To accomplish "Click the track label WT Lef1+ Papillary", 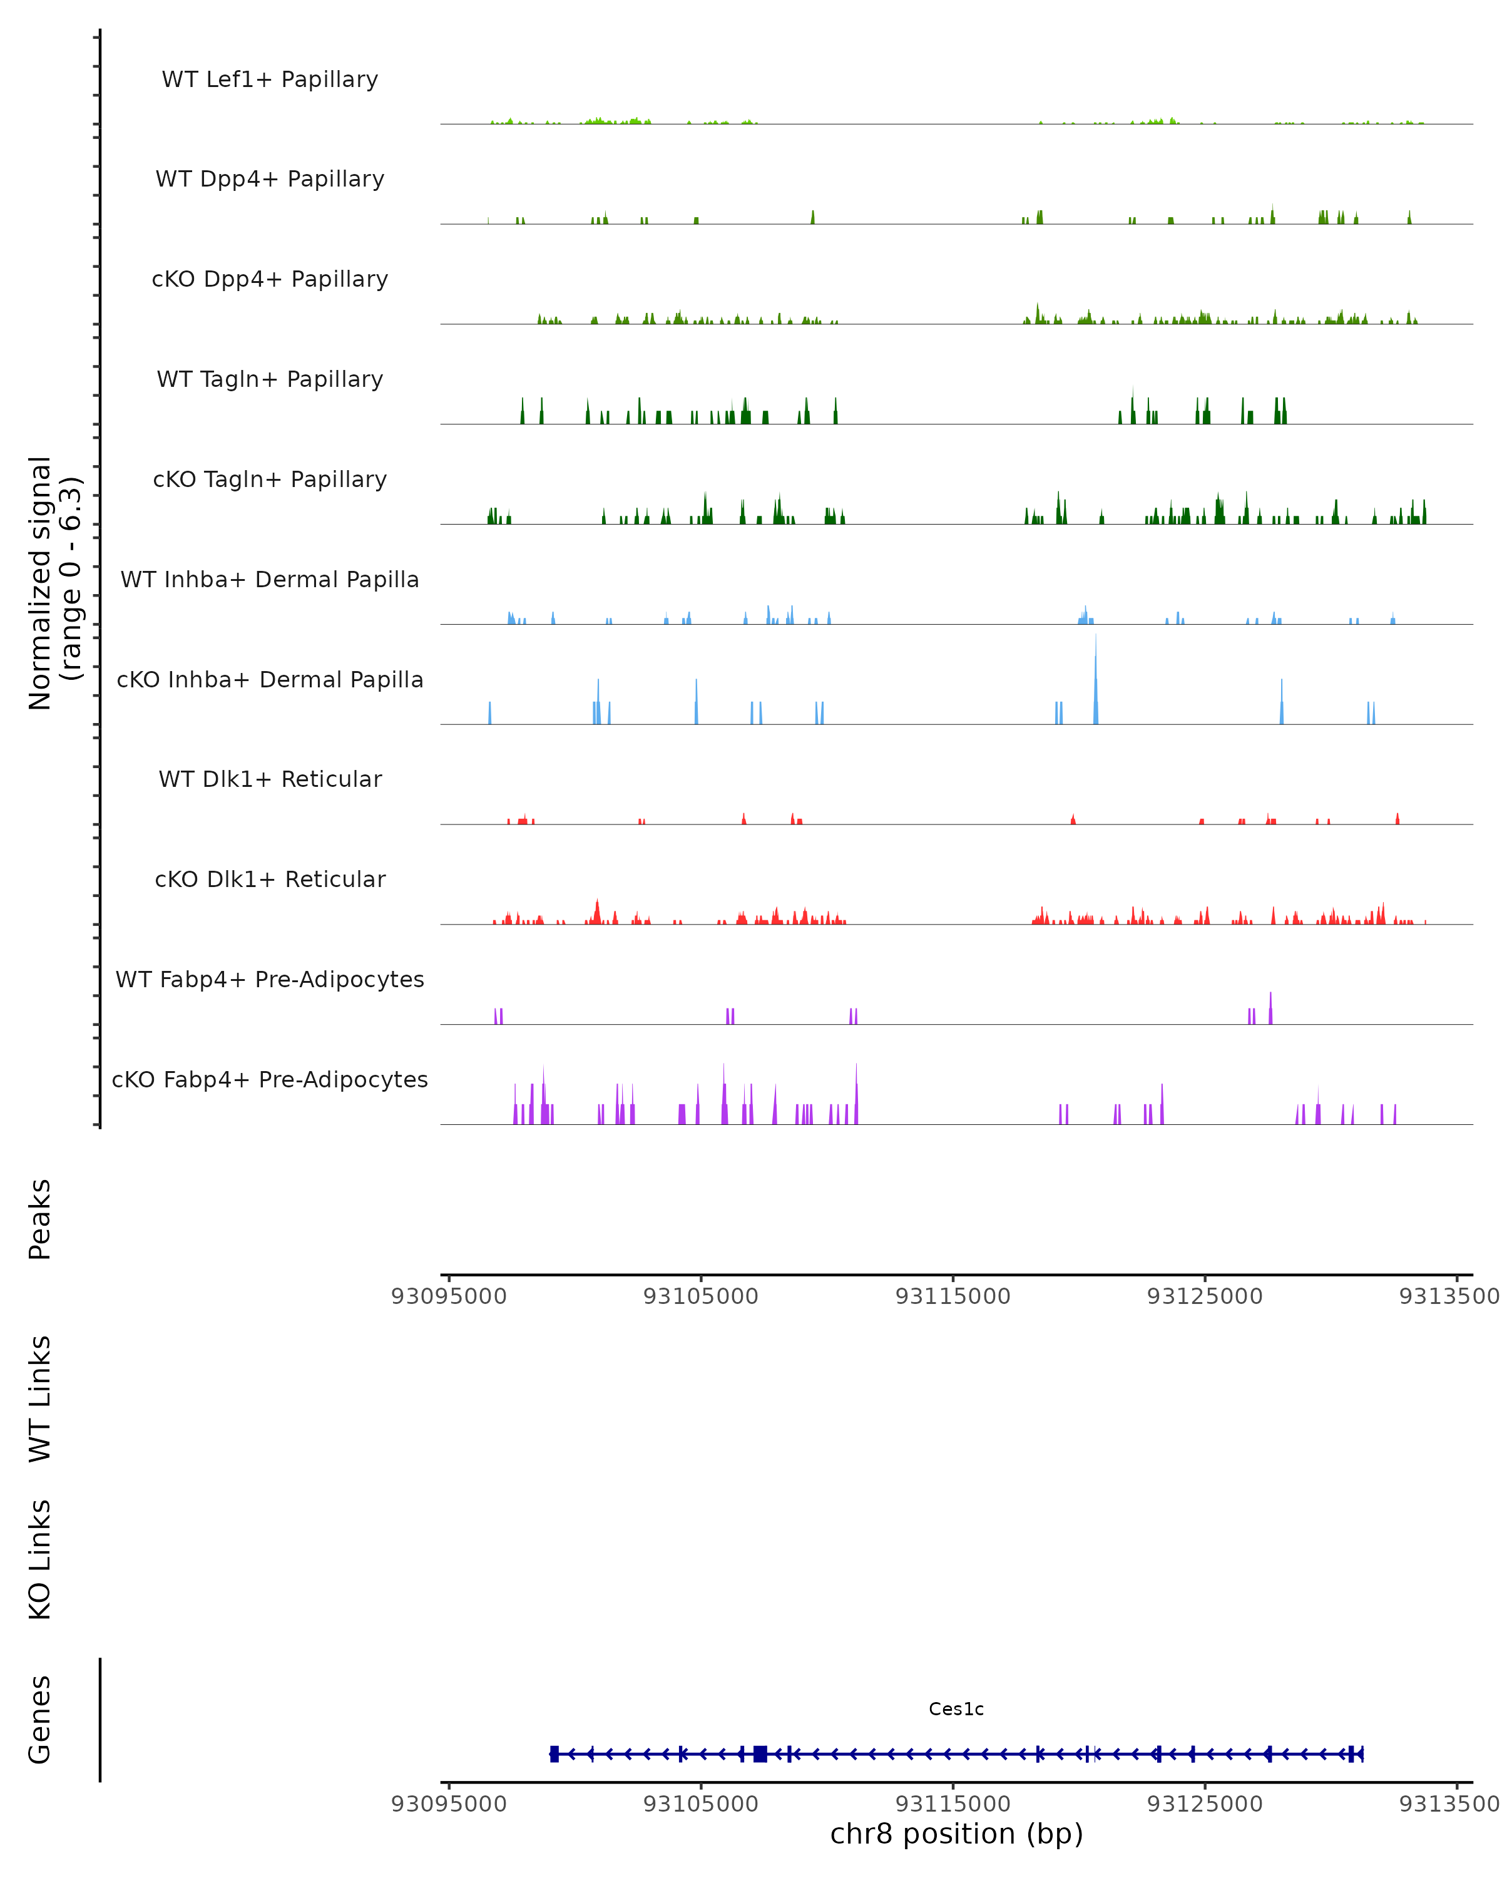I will pyautogui.click(x=270, y=80).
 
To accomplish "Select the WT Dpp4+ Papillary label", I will pyautogui.click(x=270, y=180).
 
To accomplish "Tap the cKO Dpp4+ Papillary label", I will pyautogui.click(x=270, y=280).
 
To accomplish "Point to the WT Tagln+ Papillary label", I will pyautogui.click(x=270, y=380).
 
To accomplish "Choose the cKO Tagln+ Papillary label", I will pyautogui.click(x=270, y=480).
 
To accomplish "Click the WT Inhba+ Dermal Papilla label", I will pyautogui.click(x=270, y=580).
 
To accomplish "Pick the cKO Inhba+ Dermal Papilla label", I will pyautogui.click(x=270, y=680).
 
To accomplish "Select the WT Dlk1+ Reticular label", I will pyautogui.click(x=270, y=779).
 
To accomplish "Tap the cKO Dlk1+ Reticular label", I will pyautogui.click(x=270, y=880).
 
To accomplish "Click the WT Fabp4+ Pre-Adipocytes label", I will pyautogui.click(x=270, y=980).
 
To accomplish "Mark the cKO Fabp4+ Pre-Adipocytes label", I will pyautogui.click(x=270, y=1080).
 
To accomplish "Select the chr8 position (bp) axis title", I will pyautogui.click(x=956, y=1834).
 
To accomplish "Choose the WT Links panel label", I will pyautogui.click(x=40, y=1398).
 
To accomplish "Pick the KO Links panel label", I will pyautogui.click(x=40, y=1559).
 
